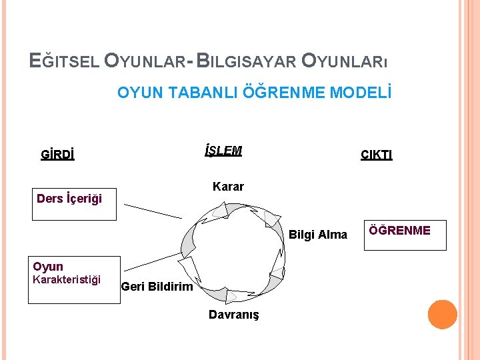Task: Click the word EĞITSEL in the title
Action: tap(65, 61)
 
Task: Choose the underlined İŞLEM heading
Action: tap(223, 151)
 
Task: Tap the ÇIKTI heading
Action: tap(377, 155)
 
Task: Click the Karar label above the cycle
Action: tap(228, 187)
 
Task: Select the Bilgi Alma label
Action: tap(318, 234)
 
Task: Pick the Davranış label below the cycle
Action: tap(233, 314)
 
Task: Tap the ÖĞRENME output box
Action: tap(405, 236)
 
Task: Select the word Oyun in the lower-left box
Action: tap(48, 267)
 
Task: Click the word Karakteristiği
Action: tap(67, 279)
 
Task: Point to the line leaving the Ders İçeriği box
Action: tap(153, 211)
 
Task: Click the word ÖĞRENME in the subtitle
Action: tap(289, 92)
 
